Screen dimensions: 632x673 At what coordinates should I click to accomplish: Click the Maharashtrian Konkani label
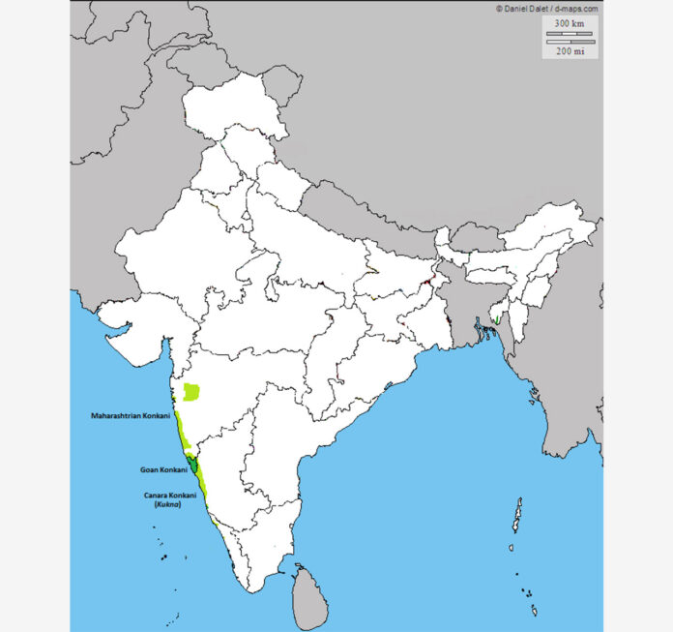[x=131, y=417]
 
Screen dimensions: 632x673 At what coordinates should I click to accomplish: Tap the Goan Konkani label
[x=162, y=470]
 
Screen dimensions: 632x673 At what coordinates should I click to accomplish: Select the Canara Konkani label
[x=165, y=496]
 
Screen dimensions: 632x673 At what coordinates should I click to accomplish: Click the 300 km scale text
[x=570, y=22]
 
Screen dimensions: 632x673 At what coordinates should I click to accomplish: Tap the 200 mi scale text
[x=570, y=51]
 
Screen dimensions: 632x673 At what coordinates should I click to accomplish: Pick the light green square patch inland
[x=192, y=392]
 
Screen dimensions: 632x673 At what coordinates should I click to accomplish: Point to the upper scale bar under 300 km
[x=570, y=34]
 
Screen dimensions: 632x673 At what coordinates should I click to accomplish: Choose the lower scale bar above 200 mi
[x=570, y=42]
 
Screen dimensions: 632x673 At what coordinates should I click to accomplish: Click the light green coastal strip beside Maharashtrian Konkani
[x=179, y=425]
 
